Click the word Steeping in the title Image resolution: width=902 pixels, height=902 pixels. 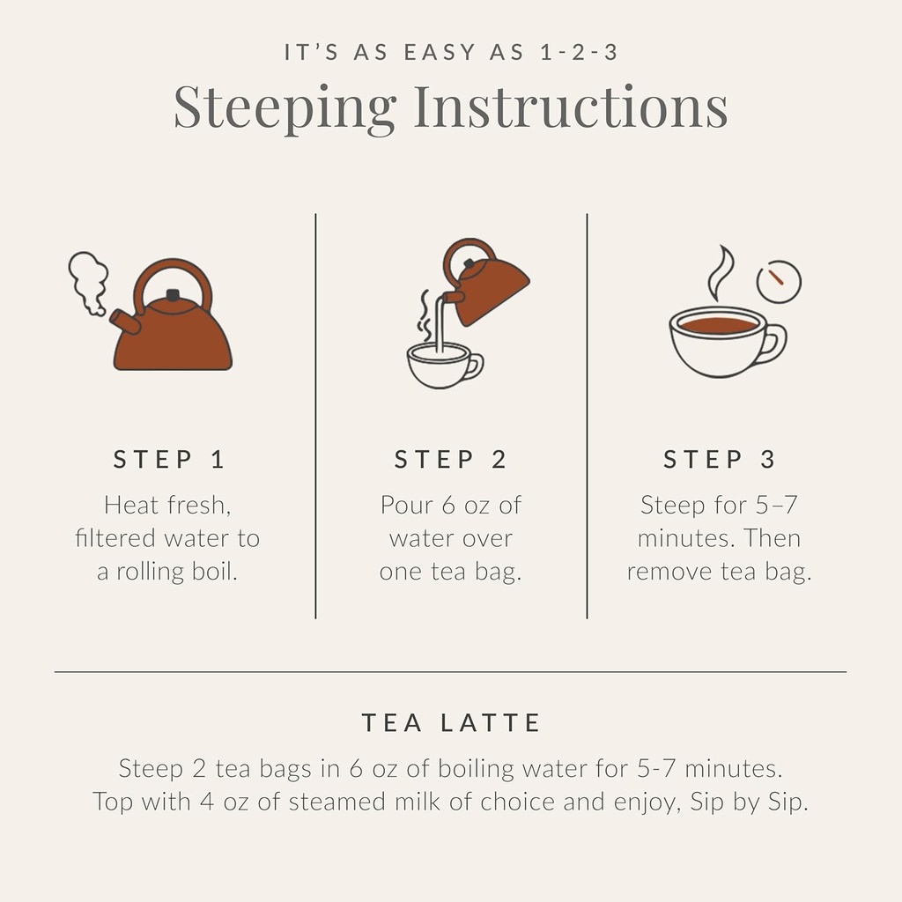coord(285,107)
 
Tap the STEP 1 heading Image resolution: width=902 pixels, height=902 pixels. coord(169,459)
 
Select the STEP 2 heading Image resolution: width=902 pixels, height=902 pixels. coord(450,459)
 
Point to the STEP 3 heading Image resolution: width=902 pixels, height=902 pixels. coord(720,459)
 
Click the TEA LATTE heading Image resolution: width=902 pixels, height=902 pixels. coord(451,723)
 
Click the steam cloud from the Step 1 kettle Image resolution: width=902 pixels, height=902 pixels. coord(88,280)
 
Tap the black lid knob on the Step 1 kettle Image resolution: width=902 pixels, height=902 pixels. coord(173,295)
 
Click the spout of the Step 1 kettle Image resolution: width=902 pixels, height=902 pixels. coord(125,322)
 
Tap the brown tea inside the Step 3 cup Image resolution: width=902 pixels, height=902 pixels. coord(719,325)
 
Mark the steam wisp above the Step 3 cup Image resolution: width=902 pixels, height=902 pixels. coord(721,273)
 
